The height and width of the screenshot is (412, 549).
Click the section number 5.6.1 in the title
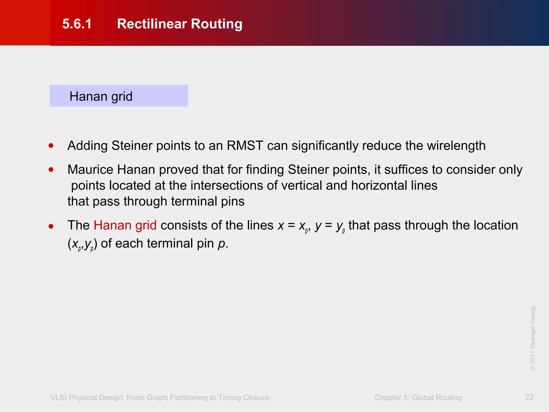(x=77, y=24)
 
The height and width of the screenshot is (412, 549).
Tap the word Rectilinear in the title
(x=152, y=24)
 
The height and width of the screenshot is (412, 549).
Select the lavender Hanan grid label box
(x=118, y=96)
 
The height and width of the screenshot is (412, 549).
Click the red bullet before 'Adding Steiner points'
(x=51, y=146)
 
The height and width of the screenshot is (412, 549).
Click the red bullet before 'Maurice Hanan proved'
(x=51, y=170)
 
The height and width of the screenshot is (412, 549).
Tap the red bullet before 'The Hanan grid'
(x=51, y=226)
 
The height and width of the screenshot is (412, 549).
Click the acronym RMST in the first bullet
(x=245, y=146)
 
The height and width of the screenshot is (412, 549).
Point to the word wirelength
(x=456, y=146)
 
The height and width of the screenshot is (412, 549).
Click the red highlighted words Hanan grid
(x=125, y=225)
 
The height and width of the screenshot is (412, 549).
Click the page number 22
(x=529, y=397)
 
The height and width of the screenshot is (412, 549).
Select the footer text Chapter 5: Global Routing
(x=418, y=398)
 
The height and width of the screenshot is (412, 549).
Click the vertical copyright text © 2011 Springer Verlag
(x=533, y=338)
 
